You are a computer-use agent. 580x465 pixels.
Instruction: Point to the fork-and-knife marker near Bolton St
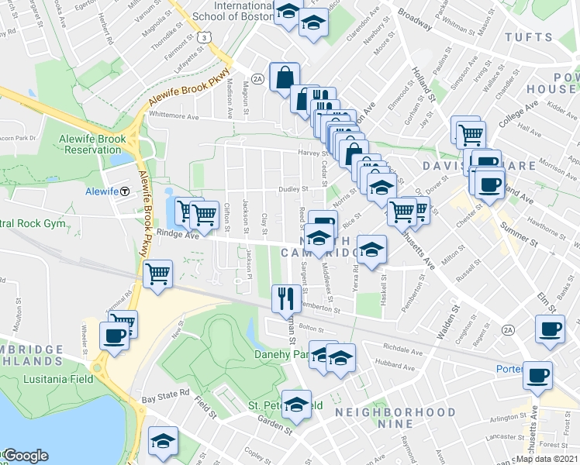point(285,297)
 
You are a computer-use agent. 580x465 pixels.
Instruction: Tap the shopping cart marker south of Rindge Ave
point(157,274)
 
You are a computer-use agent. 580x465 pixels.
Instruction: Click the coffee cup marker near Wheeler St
point(115,336)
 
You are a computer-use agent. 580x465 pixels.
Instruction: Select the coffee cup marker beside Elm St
point(550,329)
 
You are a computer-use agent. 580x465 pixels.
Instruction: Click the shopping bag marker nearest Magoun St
point(285,77)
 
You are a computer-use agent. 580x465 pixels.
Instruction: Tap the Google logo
point(26,456)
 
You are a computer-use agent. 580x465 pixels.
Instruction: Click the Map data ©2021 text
point(548,458)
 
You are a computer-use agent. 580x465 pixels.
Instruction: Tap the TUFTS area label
point(529,37)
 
